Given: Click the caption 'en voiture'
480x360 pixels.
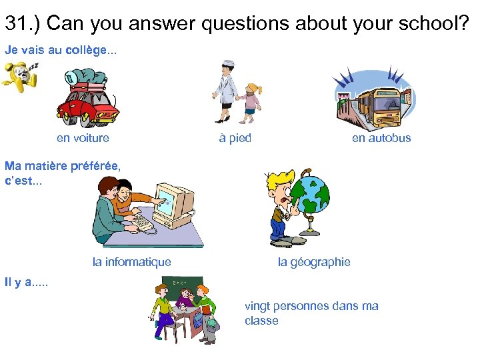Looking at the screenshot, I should (x=83, y=138).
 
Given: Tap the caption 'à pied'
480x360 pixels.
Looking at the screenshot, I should (x=235, y=138).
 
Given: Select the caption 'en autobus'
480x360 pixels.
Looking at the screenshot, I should (x=381, y=138).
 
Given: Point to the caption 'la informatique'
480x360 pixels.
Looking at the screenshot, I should (x=131, y=262).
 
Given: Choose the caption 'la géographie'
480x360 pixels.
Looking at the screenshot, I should (x=314, y=262).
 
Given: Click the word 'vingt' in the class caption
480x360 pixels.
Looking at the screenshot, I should (x=257, y=306).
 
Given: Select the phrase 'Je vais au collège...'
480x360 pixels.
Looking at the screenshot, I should (x=61, y=50).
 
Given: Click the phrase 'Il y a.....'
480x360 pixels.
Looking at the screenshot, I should (x=26, y=282).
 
